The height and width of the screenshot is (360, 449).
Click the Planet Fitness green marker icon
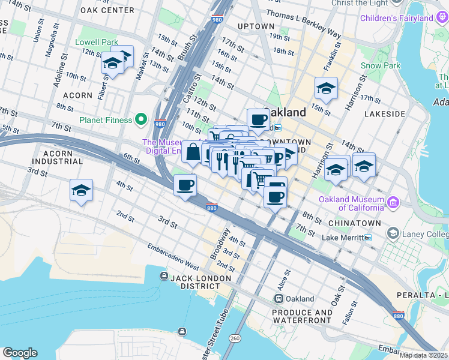(142, 120)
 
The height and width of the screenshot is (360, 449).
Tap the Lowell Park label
(97, 43)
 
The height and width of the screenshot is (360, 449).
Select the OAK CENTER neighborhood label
(107, 10)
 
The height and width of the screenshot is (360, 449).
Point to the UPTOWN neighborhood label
(256, 26)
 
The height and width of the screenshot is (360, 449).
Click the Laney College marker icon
(393, 232)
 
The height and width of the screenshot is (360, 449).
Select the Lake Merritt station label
(342, 238)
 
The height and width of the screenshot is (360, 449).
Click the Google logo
(20, 353)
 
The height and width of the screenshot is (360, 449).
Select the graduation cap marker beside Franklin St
(326, 89)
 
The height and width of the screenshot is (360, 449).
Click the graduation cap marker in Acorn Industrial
(81, 191)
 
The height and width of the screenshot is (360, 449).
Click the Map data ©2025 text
(423, 355)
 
